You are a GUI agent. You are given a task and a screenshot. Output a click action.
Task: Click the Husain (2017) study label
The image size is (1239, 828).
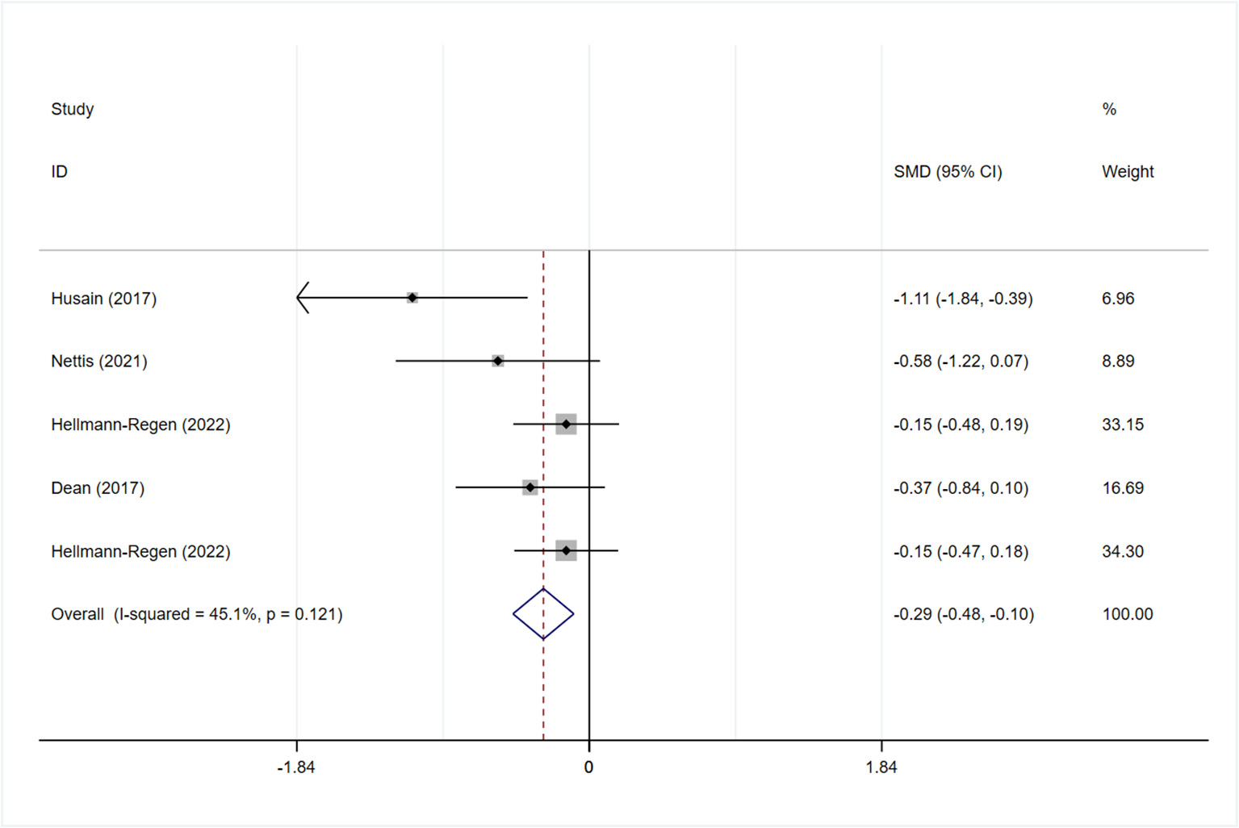[x=103, y=299]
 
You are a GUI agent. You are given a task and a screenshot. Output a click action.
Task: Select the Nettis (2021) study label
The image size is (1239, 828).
[x=98, y=362]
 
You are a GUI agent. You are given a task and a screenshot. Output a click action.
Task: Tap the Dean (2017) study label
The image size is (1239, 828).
[x=97, y=488]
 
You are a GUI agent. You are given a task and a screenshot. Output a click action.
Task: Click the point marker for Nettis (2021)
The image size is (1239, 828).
[x=498, y=361]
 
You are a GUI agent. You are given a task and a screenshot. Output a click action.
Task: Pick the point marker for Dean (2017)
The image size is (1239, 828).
[x=530, y=487]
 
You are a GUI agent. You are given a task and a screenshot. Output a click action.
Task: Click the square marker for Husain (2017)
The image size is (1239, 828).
[x=412, y=298]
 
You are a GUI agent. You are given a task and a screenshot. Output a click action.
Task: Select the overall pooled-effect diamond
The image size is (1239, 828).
[x=543, y=614]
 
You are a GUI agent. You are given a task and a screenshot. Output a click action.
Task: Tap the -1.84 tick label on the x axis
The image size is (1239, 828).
[x=295, y=767]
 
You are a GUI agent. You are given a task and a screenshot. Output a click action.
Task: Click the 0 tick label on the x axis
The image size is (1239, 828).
[x=588, y=767]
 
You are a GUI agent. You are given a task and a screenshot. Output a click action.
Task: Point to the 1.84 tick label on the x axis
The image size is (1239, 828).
[x=881, y=767]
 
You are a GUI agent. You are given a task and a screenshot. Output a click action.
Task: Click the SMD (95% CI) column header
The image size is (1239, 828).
[x=948, y=172]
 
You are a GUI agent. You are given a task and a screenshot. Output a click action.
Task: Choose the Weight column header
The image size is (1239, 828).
[x=1127, y=172]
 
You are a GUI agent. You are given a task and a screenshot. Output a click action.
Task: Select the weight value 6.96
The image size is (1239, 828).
[x=1118, y=299]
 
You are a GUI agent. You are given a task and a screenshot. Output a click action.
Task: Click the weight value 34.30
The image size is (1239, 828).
[x=1123, y=552]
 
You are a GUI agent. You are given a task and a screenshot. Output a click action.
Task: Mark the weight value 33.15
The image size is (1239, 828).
[x=1123, y=424]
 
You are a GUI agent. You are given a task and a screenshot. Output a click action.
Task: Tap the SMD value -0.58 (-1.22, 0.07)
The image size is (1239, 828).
[x=961, y=362]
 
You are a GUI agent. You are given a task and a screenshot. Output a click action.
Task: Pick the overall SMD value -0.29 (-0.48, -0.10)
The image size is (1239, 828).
[x=963, y=614]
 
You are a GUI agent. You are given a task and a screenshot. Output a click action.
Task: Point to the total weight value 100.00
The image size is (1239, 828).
[x=1127, y=614]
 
